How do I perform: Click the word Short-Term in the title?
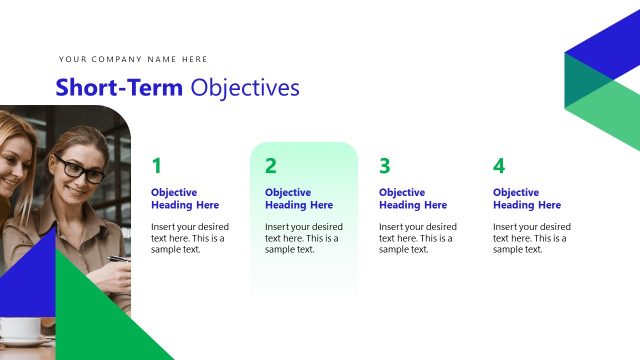(119, 88)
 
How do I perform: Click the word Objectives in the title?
(245, 88)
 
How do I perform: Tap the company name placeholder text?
(133, 59)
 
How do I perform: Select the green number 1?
(156, 166)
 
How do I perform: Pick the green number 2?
(270, 166)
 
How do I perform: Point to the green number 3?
(384, 166)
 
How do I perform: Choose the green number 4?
(499, 166)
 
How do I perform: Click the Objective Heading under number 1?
(185, 198)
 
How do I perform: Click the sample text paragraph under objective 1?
(189, 238)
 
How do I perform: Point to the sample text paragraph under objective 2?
(303, 238)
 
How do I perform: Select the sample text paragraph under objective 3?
(417, 238)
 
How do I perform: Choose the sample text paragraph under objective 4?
(531, 238)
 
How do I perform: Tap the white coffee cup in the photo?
(21, 329)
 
